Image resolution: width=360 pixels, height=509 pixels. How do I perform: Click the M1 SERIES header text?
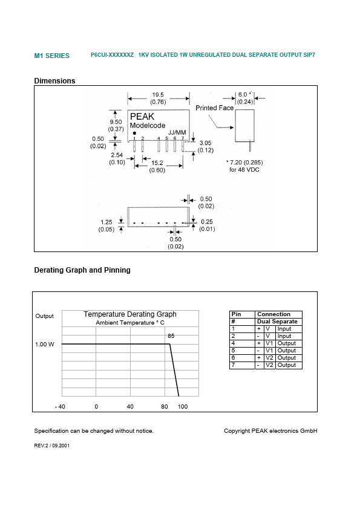[51, 56]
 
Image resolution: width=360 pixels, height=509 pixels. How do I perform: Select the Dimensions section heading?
[54, 81]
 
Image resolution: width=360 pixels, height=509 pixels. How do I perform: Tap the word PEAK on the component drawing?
[142, 117]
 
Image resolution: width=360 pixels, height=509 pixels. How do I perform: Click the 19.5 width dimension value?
[158, 94]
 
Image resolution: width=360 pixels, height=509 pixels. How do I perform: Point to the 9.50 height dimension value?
[116, 121]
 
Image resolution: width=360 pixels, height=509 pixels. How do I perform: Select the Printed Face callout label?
[215, 108]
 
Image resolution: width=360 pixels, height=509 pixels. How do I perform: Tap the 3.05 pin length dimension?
[205, 143]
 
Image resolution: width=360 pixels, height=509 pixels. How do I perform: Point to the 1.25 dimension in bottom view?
[106, 222]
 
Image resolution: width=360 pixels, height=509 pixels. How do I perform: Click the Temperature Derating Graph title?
[130, 314]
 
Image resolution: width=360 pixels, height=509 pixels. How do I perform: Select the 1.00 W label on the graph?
[44, 345]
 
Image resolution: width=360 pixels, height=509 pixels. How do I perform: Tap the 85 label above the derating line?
[171, 336]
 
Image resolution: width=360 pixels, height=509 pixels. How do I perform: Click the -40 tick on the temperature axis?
[59, 407]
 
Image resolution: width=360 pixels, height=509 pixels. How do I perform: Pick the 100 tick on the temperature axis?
[183, 407]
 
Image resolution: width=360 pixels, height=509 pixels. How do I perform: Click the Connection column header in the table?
[273, 314]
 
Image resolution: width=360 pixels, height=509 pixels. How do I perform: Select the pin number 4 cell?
[233, 343]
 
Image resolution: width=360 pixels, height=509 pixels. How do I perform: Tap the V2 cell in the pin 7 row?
[269, 365]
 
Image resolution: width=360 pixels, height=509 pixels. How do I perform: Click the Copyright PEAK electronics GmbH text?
[270, 430]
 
